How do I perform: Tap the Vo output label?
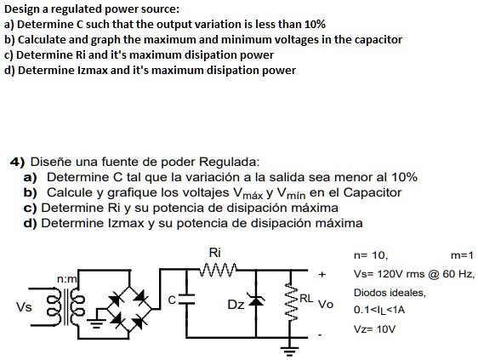point(324,303)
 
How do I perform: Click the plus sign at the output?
point(322,275)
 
